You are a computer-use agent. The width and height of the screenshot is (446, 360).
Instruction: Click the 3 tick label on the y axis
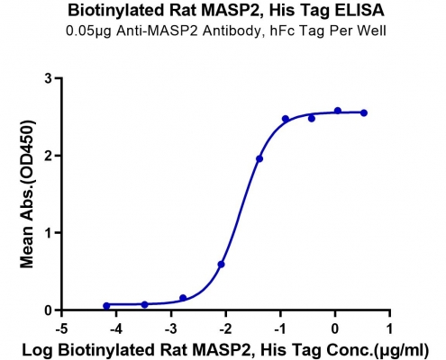coord(49,78)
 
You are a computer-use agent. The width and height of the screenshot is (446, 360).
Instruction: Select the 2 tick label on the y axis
coord(49,156)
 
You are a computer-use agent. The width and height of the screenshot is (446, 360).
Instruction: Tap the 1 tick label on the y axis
coord(49,233)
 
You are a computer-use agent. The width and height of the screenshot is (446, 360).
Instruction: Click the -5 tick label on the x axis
coord(61,329)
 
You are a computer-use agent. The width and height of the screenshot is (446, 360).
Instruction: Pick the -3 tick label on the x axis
coord(171,329)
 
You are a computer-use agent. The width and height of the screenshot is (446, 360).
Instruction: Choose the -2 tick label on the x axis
coord(225,329)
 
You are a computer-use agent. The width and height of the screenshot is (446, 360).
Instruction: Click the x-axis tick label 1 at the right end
coord(389,329)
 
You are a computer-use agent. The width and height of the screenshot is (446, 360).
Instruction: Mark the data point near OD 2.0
coord(259,158)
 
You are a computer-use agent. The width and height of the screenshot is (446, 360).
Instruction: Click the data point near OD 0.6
coord(221,265)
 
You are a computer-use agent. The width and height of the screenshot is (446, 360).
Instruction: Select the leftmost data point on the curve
coord(106,306)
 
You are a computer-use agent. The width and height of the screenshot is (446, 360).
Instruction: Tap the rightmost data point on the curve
coord(364,112)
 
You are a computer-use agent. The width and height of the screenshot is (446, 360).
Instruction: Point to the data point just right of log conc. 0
coord(338,111)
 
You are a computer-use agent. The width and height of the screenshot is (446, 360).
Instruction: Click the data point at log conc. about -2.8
coord(183,298)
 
